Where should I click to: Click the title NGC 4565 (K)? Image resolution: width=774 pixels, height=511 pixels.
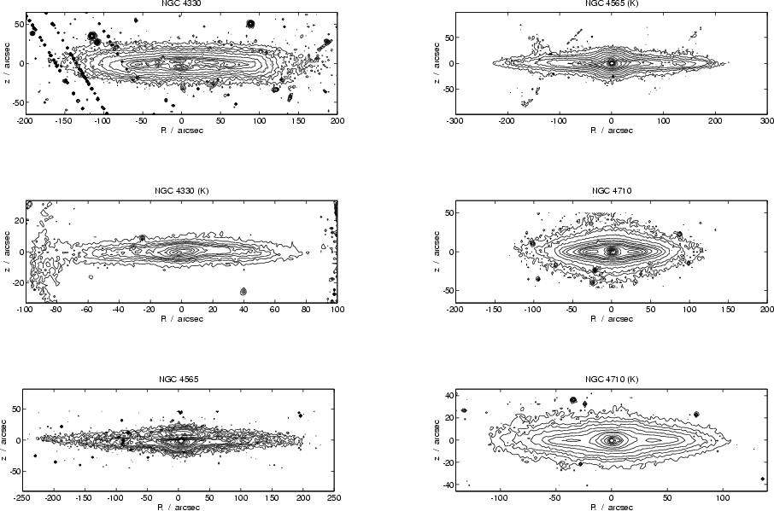[611, 4]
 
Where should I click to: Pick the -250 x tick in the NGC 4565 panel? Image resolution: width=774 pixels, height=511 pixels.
[23, 496]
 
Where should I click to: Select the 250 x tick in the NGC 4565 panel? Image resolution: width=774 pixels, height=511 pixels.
[334, 496]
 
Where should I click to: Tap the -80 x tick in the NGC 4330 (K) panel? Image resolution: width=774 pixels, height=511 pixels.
[55, 310]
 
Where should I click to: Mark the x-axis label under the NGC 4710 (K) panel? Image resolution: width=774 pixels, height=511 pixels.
[611, 505]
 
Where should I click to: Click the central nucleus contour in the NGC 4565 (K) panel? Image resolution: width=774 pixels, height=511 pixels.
[611, 62]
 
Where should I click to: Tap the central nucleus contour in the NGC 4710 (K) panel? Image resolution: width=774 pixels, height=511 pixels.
[611, 440]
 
